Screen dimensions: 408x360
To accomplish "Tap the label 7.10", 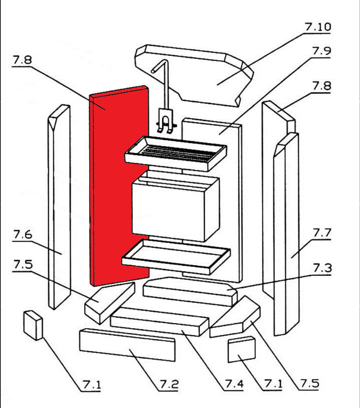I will click(318, 27).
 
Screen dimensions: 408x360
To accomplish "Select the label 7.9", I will click(322, 51).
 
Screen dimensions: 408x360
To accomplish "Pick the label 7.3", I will click(322, 268).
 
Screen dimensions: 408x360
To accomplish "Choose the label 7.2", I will click(169, 384).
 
